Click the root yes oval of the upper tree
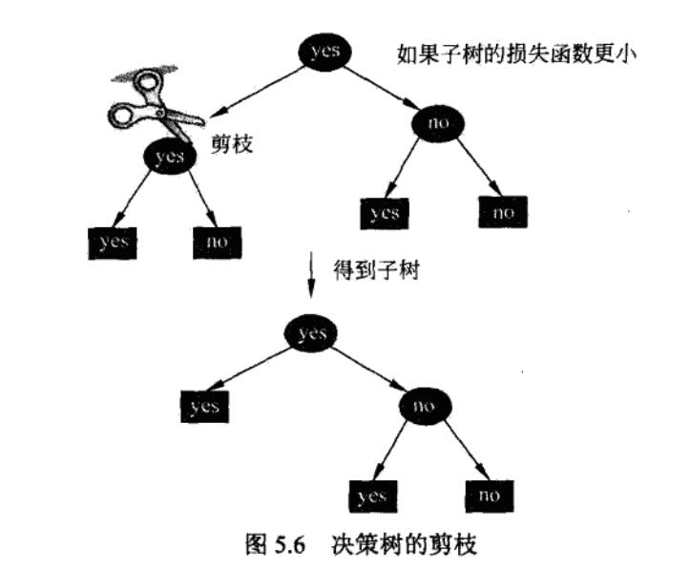pos(325,53)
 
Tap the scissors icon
pos(152,102)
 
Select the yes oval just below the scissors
pos(170,156)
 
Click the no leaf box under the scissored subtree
pos(218,243)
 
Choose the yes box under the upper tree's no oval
pos(385,213)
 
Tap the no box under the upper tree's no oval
pos(503,212)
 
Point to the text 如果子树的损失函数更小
pos(514,53)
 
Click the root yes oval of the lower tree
pos(311,333)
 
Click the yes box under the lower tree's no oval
pos(371,497)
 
